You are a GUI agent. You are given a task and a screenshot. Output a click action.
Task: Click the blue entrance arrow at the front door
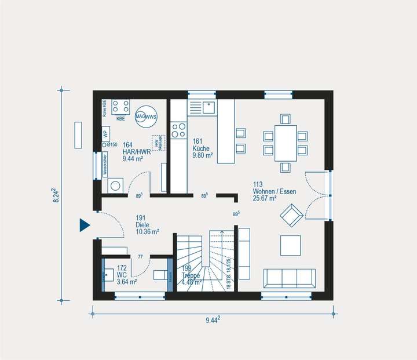[x=85, y=225]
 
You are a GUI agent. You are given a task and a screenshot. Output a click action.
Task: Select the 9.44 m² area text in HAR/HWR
[x=133, y=158]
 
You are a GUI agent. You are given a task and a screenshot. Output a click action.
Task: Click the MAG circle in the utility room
[x=141, y=116]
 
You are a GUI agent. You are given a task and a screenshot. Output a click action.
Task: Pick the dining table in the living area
[x=285, y=143]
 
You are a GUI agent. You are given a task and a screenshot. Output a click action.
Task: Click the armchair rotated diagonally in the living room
[x=290, y=216]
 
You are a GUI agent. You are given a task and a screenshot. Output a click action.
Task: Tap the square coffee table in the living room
[x=290, y=245]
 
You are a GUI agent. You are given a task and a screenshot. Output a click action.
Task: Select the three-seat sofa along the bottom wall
[x=289, y=278]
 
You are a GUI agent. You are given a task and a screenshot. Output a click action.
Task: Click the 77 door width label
[x=140, y=256]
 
